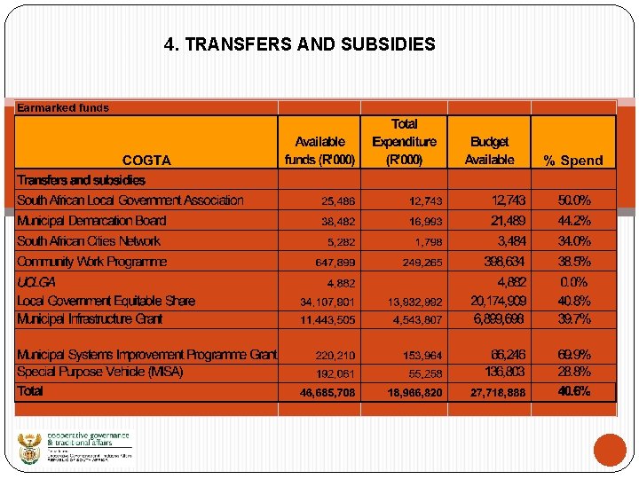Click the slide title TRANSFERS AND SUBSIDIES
click(x=300, y=43)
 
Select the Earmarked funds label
click(x=63, y=108)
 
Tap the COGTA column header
click(x=146, y=161)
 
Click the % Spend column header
click(x=572, y=161)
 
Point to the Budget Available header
click(x=489, y=151)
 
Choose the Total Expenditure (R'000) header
click(x=404, y=142)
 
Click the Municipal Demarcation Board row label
click(x=91, y=221)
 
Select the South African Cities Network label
click(x=89, y=241)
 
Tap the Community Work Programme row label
click(x=91, y=262)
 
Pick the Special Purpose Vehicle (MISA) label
click(x=100, y=372)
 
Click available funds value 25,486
click(x=338, y=201)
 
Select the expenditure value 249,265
click(x=422, y=263)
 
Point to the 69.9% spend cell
click(x=574, y=354)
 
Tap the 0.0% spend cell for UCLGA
click(x=574, y=282)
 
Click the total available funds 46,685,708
click(x=327, y=391)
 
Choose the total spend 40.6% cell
click(x=574, y=391)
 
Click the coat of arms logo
click(x=29, y=448)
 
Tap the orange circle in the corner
click(x=610, y=449)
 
